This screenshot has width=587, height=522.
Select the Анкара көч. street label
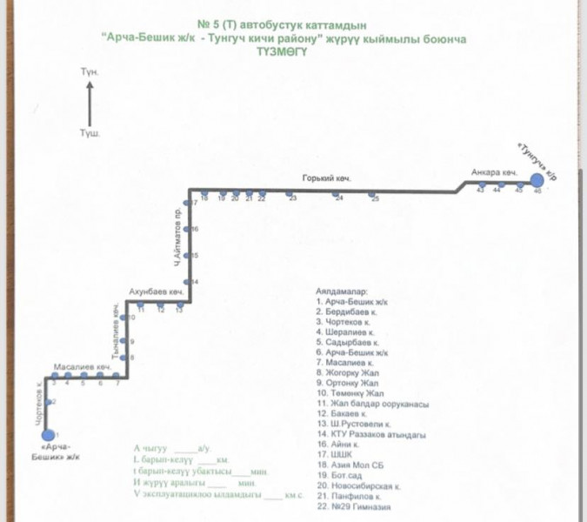pyautogui.click(x=494, y=172)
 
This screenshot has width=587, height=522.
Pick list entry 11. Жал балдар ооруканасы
pyautogui.click(x=374, y=404)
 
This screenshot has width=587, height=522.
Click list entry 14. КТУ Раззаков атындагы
pyautogui.click(x=370, y=434)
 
